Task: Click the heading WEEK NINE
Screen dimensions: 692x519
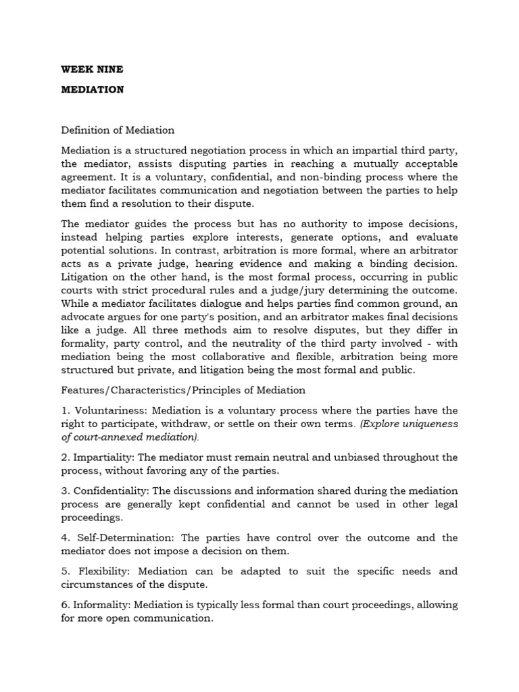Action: click(93, 69)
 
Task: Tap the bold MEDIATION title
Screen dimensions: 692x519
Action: click(93, 89)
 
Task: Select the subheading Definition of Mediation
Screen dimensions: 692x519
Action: click(118, 130)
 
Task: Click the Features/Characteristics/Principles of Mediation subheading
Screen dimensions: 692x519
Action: click(183, 390)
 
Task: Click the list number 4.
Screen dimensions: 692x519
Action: click(64, 537)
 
